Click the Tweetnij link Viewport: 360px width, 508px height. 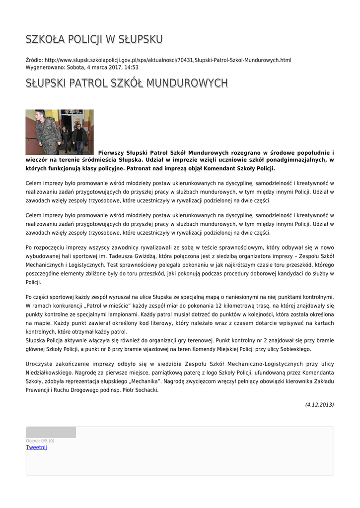click(x=36, y=447)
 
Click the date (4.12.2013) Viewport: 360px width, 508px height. click(x=319, y=405)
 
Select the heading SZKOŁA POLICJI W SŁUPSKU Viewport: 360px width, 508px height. click(x=94, y=39)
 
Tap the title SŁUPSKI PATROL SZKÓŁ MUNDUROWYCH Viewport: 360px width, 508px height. click(x=127, y=83)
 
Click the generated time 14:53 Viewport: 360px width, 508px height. click(x=132, y=67)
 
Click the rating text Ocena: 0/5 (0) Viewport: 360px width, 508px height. click(x=40, y=441)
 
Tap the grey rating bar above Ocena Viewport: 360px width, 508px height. click(x=51, y=432)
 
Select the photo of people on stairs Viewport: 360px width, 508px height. click(x=60, y=132)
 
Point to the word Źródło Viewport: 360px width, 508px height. click(x=34, y=60)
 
